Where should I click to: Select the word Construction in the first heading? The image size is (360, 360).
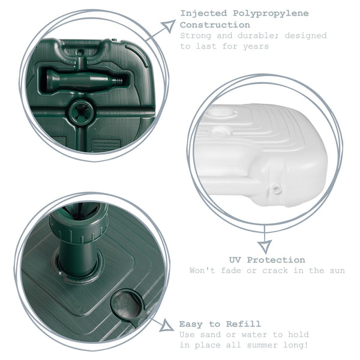tap(207, 25)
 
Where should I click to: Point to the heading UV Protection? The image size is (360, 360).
tap(267, 260)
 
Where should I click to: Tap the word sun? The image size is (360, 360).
tap(336, 271)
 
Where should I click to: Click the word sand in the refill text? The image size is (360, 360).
tap(210, 334)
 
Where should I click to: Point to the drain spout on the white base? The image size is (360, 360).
tap(277, 190)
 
